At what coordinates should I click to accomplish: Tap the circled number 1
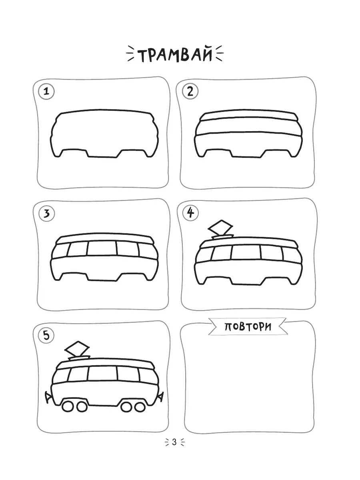click(46, 92)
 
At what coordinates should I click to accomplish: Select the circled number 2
click(190, 92)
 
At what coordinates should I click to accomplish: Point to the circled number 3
click(46, 214)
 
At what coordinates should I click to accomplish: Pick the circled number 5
click(46, 336)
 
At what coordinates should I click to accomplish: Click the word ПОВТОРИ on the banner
click(248, 327)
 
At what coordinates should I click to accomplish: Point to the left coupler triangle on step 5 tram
click(48, 396)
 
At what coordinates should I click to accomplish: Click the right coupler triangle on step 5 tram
click(160, 396)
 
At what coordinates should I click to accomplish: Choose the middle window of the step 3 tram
click(102, 248)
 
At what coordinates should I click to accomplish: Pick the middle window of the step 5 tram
click(103, 374)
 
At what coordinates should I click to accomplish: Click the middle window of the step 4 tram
click(246, 252)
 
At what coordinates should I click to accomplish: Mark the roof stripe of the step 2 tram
click(248, 116)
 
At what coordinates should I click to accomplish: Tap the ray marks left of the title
click(131, 53)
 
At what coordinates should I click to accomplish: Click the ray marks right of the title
click(219, 53)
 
